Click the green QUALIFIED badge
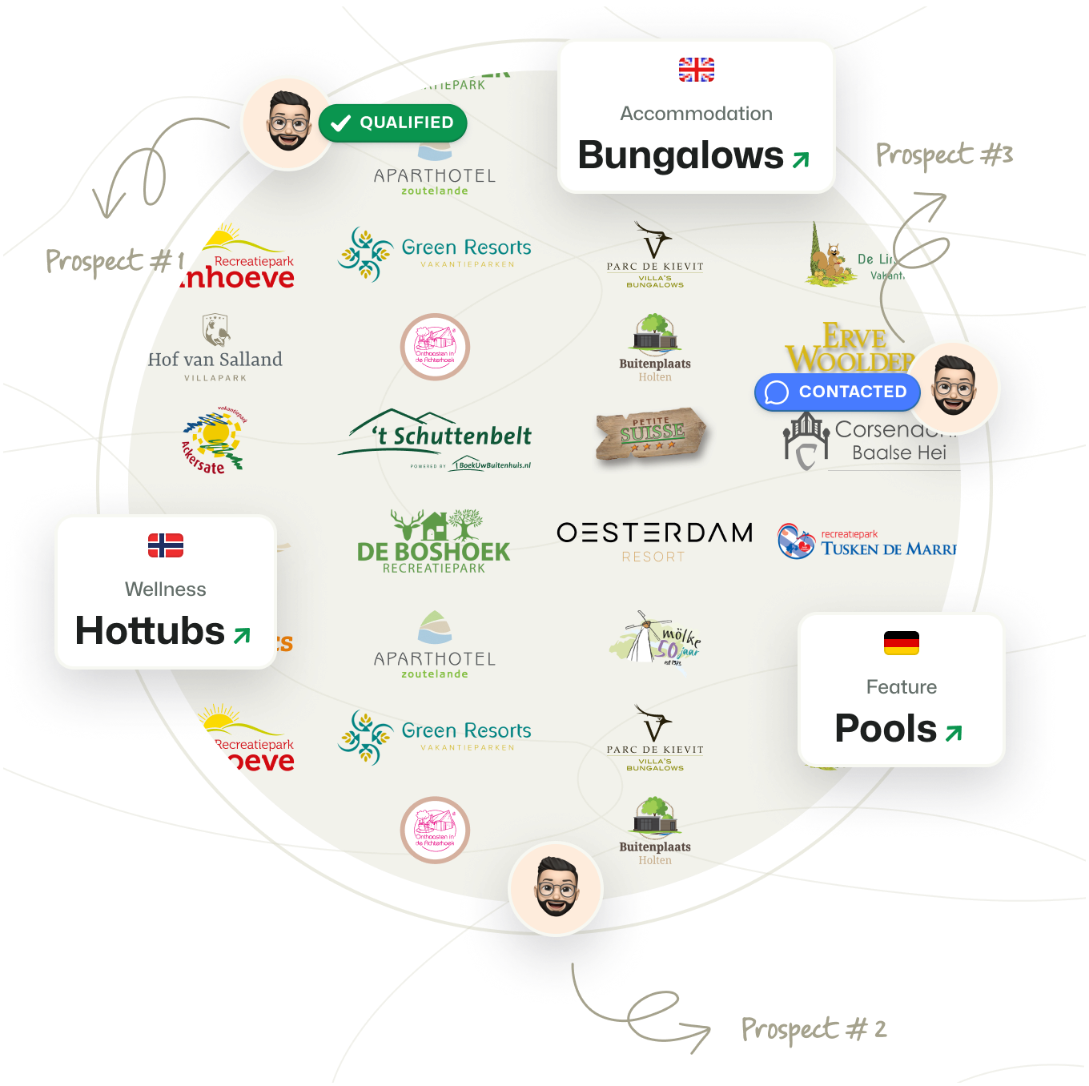tap(393, 123)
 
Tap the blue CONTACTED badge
tap(837, 392)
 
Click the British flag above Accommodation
tap(696, 70)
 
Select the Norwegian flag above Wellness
tap(166, 545)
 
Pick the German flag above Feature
tap(901, 642)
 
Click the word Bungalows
tap(681, 155)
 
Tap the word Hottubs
tap(150, 631)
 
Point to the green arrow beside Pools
tap(953, 732)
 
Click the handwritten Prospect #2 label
tap(814, 1029)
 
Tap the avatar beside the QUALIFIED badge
tap(287, 122)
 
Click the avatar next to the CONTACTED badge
tap(953, 387)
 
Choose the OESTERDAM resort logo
tap(654, 541)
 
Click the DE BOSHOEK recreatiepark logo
tap(433, 541)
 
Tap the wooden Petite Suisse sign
tap(651, 434)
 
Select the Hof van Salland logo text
tap(215, 360)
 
